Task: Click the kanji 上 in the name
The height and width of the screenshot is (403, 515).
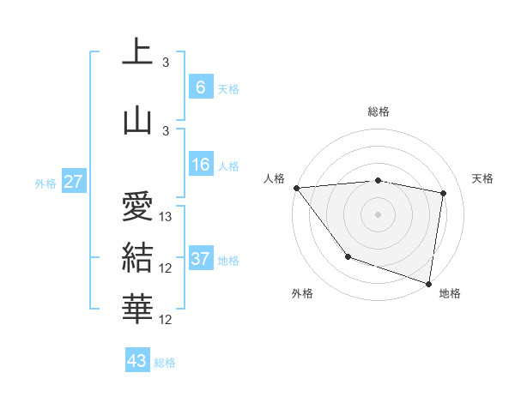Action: pyautogui.click(x=138, y=53)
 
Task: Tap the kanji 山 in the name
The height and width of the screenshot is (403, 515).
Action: pyautogui.click(x=138, y=120)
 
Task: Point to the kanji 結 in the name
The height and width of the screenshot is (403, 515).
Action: pyautogui.click(x=138, y=256)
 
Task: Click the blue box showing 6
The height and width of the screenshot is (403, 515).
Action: pyautogui.click(x=201, y=87)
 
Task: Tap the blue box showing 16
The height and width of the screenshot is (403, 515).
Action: pyautogui.click(x=201, y=165)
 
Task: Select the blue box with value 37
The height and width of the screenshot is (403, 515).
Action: pyautogui.click(x=201, y=259)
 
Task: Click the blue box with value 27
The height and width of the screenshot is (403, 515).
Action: pyautogui.click(x=74, y=182)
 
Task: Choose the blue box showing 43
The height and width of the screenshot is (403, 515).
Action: pyautogui.click(x=137, y=361)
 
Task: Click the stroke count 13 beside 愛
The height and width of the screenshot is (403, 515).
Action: pyautogui.click(x=167, y=217)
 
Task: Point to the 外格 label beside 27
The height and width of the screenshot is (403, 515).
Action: pyautogui.click(x=45, y=183)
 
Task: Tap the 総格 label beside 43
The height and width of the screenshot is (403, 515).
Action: pyautogui.click(x=165, y=363)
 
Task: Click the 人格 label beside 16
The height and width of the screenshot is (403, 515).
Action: pyautogui.click(x=228, y=165)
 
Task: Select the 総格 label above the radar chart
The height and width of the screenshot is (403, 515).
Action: pyautogui.click(x=379, y=111)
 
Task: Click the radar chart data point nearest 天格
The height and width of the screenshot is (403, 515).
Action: pyautogui.click(x=443, y=193)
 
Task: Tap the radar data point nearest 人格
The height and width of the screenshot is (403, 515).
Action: pyautogui.click(x=296, y=188)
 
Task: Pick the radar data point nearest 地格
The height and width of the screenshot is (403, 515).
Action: pyautogui.click(x=428, y=283)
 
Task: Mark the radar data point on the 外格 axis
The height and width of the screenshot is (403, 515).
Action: pyautogui.click(x=348, y=256)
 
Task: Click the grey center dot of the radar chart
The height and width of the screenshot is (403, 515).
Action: pyautogui.click(x=379, y=214)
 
